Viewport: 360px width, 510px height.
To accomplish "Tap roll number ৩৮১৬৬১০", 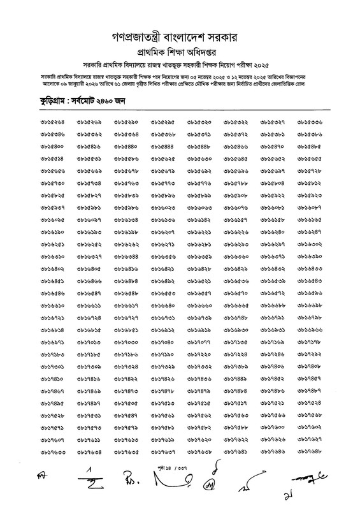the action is (x=52, y=306).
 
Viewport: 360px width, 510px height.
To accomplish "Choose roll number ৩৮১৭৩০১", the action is (x=52, y=367).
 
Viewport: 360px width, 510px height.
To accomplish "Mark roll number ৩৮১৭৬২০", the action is (x=199, y=440).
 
